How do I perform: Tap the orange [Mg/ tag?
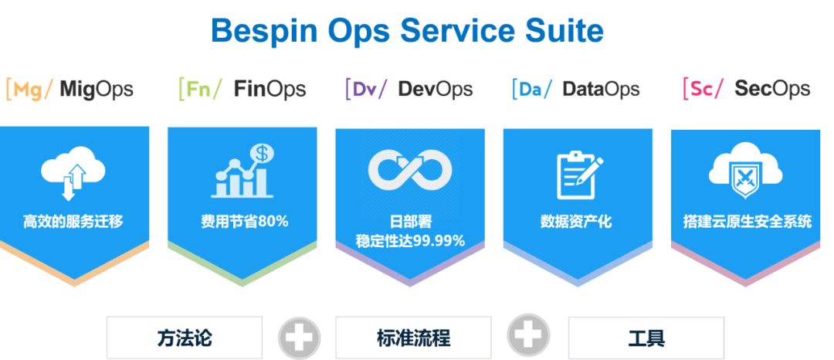(29, 90)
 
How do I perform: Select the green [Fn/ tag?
(200, 89)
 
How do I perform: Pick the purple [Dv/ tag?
(367, 89)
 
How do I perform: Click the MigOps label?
(97, 90)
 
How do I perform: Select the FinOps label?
(270, 90)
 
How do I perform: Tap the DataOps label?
(601, 90)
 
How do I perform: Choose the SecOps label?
(772, 89)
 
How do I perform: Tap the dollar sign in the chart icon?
(262, 154)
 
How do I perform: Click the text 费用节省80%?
(245, 221)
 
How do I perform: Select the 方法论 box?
(185, 338)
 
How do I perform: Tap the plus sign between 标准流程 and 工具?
(528, 335)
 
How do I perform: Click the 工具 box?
(646, 338)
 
